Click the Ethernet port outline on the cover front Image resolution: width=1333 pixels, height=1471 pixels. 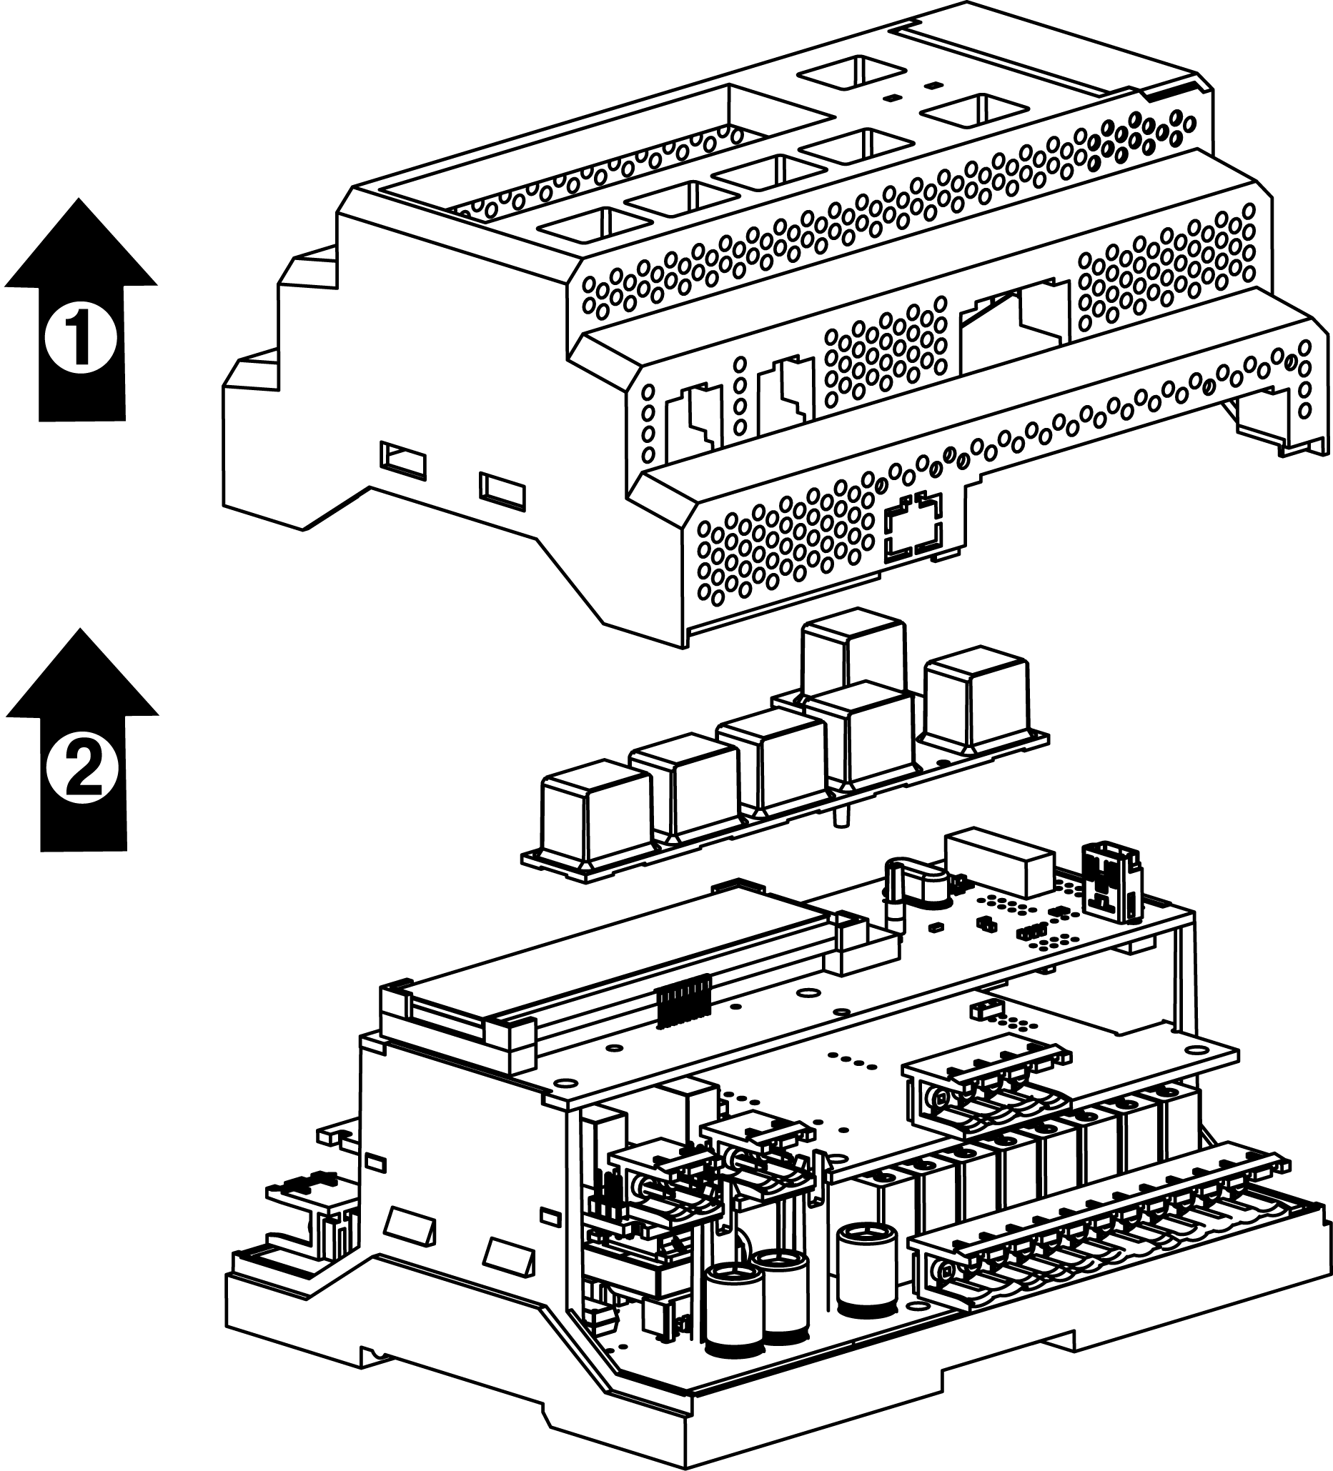point(913,527)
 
